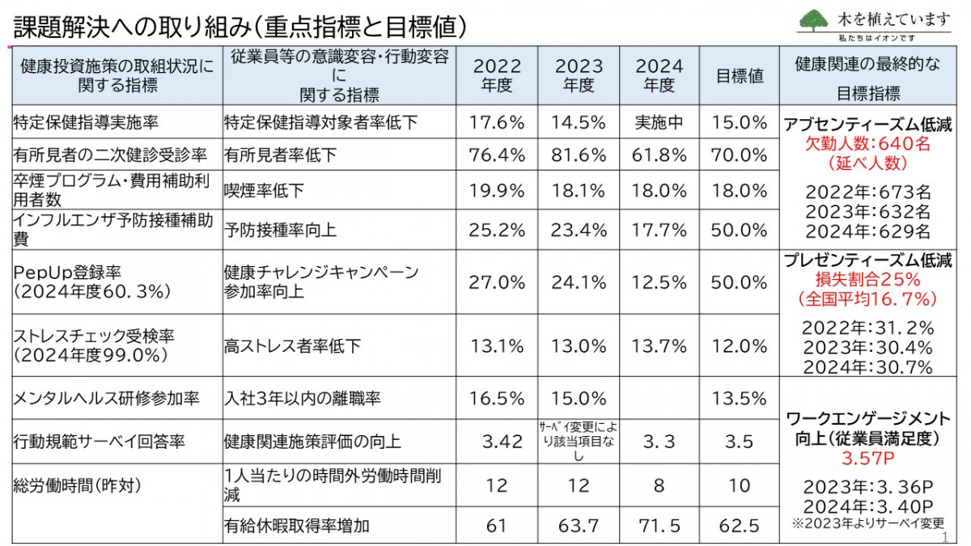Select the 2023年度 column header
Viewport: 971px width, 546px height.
(x=579, y=75)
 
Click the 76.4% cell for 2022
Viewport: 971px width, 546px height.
(x=498, y=154)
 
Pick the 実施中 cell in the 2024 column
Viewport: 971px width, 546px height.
(x=659, y=123)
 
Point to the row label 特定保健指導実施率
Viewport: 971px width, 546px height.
(x=85, y=123)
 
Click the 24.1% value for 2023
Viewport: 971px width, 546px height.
(x=579, y=282)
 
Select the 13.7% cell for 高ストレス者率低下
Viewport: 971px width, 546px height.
(x=659, y=345)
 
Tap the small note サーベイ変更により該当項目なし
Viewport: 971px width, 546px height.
(x=579, y=442)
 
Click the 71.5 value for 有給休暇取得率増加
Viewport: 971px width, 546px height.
(x=659, y=526)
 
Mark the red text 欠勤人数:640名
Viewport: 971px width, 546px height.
(x=867, y=143)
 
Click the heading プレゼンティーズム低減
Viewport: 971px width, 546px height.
(x=867, y=260)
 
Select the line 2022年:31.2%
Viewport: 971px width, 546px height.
(x=867, y=328)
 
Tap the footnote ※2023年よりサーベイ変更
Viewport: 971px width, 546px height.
(x=867, y=523)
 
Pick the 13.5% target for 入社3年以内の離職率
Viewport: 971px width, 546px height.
(x=740, y=398)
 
